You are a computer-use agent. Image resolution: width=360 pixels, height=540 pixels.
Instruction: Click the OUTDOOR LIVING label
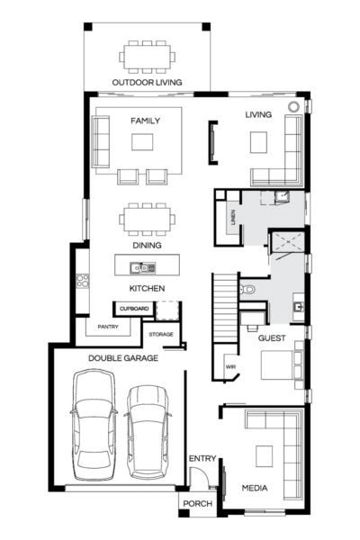pos(147,83)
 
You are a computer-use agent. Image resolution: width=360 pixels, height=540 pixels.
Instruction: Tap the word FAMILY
pos(145,120)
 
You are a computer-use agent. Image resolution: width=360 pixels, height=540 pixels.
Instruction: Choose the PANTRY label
pos(108,328)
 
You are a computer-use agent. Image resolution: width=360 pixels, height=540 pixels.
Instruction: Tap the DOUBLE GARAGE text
pos(123,357)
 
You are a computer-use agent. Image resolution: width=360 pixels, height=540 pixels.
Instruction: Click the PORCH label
pos(197,503)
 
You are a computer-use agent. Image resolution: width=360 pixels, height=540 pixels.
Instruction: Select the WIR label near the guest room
pos(229,367)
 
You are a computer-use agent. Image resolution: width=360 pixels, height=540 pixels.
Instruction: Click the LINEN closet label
pos(232,219)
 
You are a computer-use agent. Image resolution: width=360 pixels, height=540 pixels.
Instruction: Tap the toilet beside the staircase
pos(247,289)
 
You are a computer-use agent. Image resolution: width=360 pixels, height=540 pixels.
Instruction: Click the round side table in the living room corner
pos(293,106)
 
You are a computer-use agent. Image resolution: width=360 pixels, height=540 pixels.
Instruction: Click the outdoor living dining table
pos(147,57)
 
